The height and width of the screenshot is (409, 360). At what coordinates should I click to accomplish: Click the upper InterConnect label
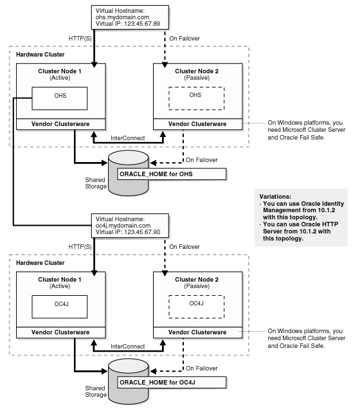127,137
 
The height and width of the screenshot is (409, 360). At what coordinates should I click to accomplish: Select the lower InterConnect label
127,345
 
